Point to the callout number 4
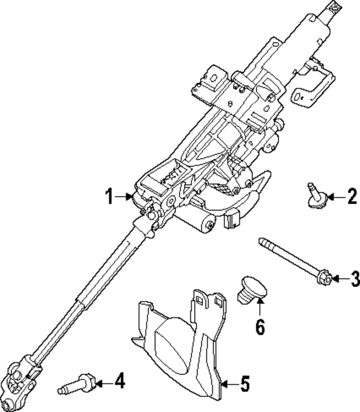[119, 382]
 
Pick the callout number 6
[260, 327]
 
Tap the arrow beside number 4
[101, 383]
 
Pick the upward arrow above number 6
[259, 308]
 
